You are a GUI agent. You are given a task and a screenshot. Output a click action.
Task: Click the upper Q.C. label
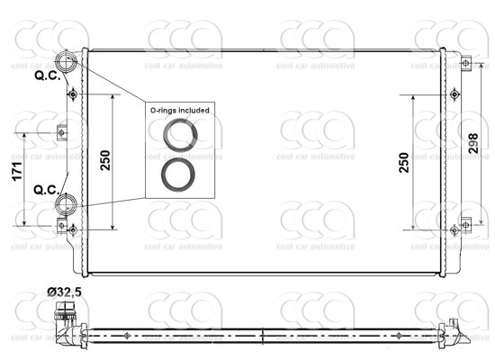point(47,76)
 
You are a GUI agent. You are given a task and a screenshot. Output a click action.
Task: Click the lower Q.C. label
point(47,190)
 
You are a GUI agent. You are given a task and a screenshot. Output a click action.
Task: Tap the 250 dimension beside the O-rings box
point(106,160)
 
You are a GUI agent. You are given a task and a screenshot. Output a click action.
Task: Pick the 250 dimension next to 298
point(404,161)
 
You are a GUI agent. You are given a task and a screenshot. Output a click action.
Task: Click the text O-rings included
point(180,110)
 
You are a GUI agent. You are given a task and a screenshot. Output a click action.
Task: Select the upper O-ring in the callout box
point(180,134)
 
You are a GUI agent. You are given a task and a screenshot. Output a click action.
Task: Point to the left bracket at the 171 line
point(61,132)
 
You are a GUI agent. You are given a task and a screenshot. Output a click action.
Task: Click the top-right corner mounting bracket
point(464,63)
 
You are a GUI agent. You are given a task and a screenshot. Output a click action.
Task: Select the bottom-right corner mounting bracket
point(464,224)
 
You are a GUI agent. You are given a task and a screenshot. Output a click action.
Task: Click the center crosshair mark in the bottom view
point(261,335)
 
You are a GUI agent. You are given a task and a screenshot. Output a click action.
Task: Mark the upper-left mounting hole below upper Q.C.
point(72,94)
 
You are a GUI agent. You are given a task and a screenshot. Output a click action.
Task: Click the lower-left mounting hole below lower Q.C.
point(72,230)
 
